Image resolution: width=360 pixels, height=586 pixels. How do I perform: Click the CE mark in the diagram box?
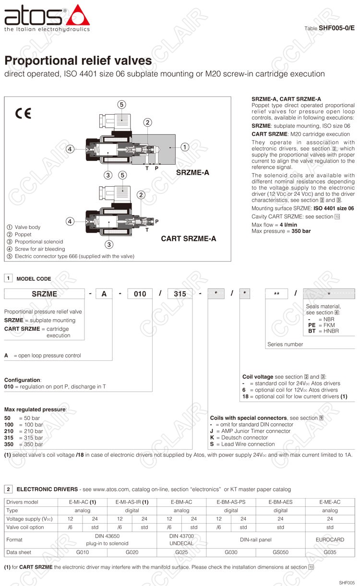(23, 114)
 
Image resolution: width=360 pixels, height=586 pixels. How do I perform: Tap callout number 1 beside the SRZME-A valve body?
(185, 147)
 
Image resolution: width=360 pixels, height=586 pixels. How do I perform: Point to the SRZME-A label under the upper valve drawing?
(192, 173)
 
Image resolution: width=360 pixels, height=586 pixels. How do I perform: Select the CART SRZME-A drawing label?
(188, 238)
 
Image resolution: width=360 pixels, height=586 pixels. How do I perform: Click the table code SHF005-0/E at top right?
(336, 28)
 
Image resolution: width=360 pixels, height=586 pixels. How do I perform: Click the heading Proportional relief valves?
(78, 61)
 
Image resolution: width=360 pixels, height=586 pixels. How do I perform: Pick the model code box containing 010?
(140, 294)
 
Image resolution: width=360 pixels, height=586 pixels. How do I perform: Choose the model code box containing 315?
(180, 294)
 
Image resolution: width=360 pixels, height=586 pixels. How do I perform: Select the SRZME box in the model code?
(45, 294)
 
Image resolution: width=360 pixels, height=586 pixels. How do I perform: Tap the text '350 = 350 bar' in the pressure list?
(24, 444)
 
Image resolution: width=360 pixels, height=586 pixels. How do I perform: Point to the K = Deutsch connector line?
(239, 438)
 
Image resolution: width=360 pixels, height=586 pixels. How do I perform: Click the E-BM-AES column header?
(280, 502)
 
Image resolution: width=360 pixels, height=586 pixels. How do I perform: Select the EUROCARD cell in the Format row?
(330, 539)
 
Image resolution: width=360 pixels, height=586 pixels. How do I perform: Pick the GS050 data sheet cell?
(280, 552)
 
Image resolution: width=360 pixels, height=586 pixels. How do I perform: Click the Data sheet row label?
(18, 552)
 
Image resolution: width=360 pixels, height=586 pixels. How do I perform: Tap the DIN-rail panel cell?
(256, 539)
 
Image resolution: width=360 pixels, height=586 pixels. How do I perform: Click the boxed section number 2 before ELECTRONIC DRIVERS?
(9, 489)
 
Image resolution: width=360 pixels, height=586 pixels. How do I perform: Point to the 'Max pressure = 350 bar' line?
(281, 231)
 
